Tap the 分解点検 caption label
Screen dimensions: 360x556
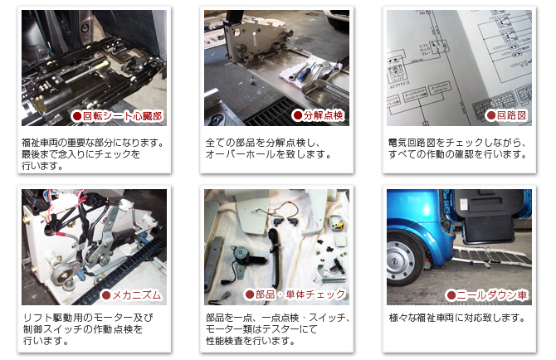pyautogui.click(x=319, y=115)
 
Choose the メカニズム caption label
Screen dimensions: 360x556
pyautogui.click(x=131, y=294)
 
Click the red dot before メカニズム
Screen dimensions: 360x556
pyautogui.click(x=105, y=294)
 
